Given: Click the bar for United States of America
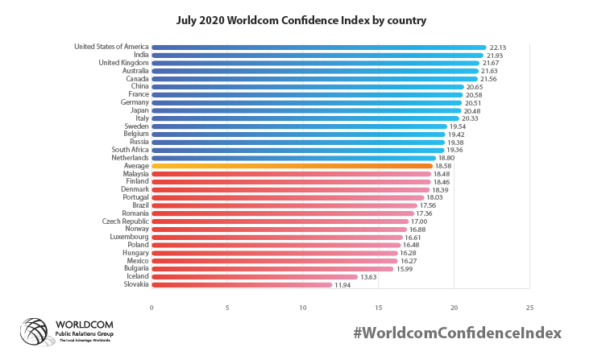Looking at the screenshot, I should (x=318, y=48).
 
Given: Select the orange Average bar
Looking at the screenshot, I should (x=292, y=166).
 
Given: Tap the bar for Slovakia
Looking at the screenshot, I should (x=242, y=284).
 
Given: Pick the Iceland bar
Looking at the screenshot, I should (x=254, y=276).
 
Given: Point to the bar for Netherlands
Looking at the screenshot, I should (x=293, y=158).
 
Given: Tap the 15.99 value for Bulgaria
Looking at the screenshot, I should (x=404, y=268).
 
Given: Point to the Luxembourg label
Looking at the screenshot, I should (x=129, y=237).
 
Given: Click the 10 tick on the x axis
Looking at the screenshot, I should (x=303, y=307).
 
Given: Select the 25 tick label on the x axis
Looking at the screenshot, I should (x=529, y=307).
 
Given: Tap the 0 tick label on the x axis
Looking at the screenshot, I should (x=151, y=307).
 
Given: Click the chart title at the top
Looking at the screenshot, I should (x=302, y=19).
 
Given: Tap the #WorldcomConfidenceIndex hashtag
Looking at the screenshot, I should (x=456, y=333).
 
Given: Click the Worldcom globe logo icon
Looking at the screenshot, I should (x=35, y=333).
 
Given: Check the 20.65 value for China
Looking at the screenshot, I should (x=475, y=87).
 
